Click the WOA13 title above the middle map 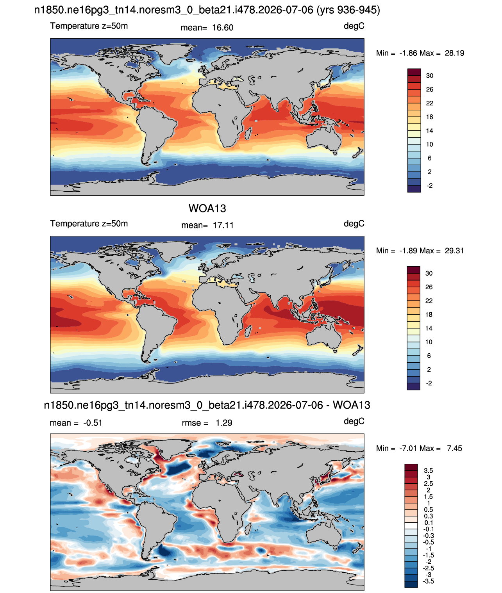pyautogui.click(x=207, y=208)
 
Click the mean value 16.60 pyautogui.click(x=223, y=28)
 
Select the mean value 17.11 pyautogui.click(x=223, y=225)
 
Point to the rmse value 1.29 pyautogui.click(x=224, y=423)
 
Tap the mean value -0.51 pyautogui.click(x=93, y=423)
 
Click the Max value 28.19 pyautogui.click(x=454, y=53)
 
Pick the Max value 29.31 pyautogui.click(x=454, y=251)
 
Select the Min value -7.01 pyautogui.click(x=408, y=449)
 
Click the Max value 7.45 pyautogui.click(x=454, y=449)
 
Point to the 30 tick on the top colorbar pyautogui.click(x=429, y=76)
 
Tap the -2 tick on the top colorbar pyautogui.click(x=429, y=185)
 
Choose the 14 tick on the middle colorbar pyautogui.click(x=429, y=328)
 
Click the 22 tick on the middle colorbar pyautogui.click(x=429, y=301)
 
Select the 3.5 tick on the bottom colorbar pyautogui.click(x=428, y=470)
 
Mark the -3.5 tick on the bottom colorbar pyautogui.click(x=428, y=582)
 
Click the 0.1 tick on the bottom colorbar pyautogui.click(x=428, y=523)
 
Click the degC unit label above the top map pyautogui.click(x=354, y=26)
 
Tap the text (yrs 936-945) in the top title pyautogui.click(x=348, y=10)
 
